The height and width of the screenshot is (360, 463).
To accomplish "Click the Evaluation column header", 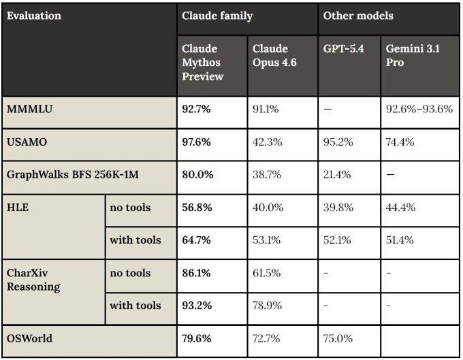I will pos(33,15).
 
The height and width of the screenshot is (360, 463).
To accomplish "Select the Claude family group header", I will pos(217,15).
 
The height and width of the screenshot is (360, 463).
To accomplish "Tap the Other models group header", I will pos(358,15).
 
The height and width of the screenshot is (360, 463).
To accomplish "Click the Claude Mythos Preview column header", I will pos(202,63).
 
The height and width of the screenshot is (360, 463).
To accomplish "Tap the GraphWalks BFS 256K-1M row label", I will pos(72,174).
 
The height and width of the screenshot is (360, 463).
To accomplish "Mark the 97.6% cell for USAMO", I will pos(197,142).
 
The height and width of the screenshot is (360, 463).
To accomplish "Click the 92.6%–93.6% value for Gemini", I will pos(419,109).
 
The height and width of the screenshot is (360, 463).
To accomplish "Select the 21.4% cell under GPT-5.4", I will pos(337,174).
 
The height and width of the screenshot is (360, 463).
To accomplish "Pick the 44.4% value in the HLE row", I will pos(400,207).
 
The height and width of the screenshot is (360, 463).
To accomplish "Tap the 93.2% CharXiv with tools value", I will pos(197,305).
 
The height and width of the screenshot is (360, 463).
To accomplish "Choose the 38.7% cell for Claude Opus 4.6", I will pos(267,174).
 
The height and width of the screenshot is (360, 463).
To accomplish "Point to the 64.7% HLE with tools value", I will pos(197,240).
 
